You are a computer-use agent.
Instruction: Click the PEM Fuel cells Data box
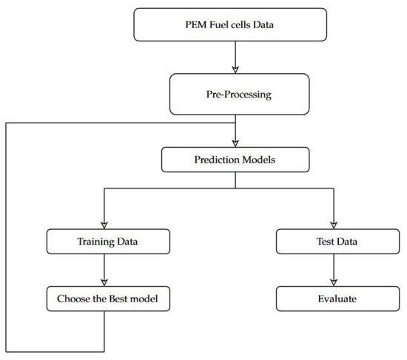tap(235, 25)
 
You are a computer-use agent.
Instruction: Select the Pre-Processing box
tap(235, 95)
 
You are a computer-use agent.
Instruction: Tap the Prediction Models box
tap(235, 157)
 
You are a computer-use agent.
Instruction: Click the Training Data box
tap(108, 241)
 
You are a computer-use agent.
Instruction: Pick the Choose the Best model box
tap(108, 299)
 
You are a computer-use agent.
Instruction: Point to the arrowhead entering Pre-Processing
tap(235, 72)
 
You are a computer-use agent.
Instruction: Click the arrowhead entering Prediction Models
tap(235, 142)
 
